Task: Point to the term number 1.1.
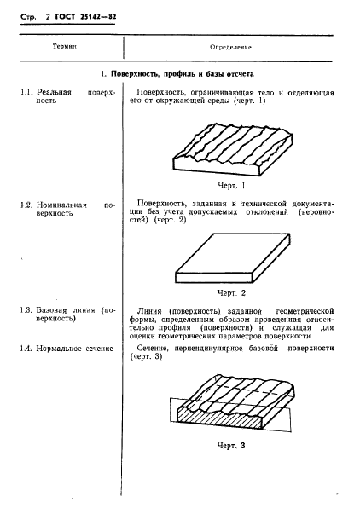click(27, 90)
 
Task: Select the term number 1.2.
click(27, 205)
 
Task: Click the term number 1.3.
click(27, 310)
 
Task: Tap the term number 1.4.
click(27, 349)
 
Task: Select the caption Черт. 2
click(230, 291)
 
